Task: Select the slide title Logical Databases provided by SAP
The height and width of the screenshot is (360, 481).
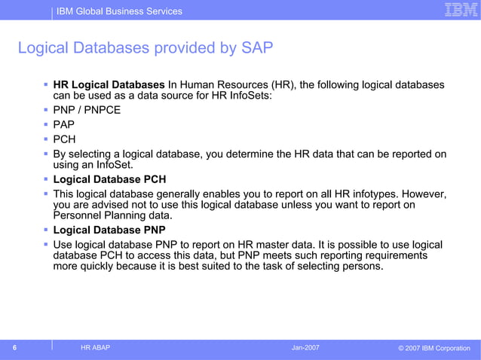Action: pos(145,49)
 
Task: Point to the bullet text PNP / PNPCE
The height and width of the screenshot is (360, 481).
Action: pos(87,110)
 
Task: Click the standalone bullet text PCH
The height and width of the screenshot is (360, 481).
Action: pos(64,139)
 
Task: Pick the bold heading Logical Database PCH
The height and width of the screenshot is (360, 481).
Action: pos(109,179)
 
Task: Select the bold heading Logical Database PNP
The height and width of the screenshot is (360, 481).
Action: pos(109,230)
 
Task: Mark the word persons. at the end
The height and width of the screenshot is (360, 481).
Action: pos(361,266)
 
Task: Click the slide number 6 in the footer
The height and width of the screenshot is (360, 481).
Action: pos(14,347)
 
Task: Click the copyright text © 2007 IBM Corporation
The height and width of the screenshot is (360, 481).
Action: pos(434,348)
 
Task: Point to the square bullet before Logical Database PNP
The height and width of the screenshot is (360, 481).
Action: pos(46,230)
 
